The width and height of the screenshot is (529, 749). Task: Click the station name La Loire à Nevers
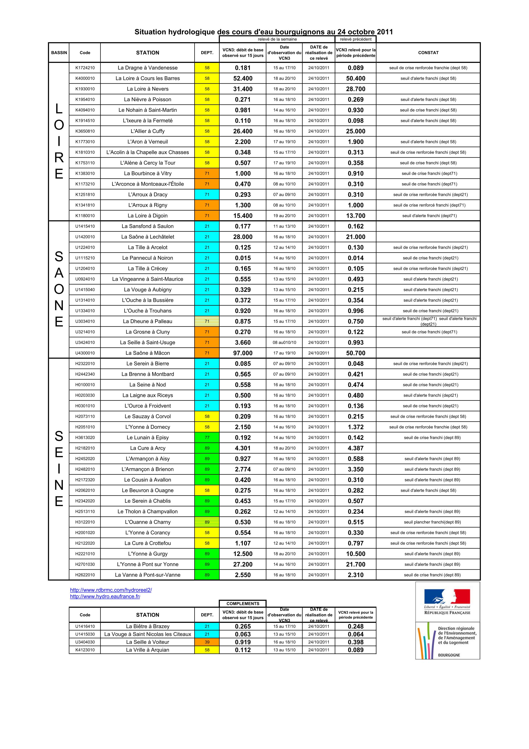point(148,89)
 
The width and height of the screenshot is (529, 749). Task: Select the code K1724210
point(85,68)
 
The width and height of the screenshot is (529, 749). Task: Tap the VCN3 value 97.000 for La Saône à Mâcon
point(243,353)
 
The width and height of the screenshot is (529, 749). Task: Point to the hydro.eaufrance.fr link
point(105,596)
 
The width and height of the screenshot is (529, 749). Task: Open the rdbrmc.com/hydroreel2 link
point(111,590)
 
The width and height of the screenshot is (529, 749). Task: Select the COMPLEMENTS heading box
point(243,603)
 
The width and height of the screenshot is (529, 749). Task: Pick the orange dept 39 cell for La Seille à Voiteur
point(207,642)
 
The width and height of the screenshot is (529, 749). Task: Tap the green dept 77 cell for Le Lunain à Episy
point(207,437)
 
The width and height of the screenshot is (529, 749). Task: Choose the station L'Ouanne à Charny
point(148,522)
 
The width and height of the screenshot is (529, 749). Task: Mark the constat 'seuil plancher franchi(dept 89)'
point(432,522)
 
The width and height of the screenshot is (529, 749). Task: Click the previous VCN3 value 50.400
point(356,78)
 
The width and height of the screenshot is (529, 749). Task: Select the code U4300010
point(85,353)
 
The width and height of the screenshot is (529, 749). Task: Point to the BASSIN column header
point(59,53)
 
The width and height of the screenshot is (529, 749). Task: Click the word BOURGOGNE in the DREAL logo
point(449,655)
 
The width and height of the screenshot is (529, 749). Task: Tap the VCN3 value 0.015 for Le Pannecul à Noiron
point(243,258)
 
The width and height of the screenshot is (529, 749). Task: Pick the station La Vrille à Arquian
point(148,650)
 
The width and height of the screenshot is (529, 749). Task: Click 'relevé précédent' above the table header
point(356,39)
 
